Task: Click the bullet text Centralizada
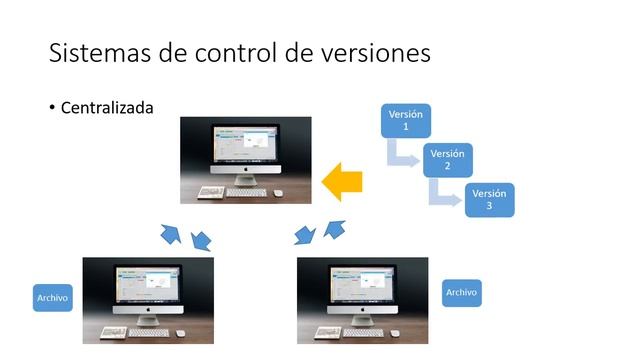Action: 107,107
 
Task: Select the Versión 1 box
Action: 405,121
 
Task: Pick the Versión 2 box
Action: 447,160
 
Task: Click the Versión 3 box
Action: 489,199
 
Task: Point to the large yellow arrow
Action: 342,181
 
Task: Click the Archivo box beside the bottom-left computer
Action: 52,297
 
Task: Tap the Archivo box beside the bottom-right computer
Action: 461,292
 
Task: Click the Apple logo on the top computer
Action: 246,171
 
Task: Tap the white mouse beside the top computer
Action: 278,192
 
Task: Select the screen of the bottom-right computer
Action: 362,284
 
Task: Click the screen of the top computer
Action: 246,144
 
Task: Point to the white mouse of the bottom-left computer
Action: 180,333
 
